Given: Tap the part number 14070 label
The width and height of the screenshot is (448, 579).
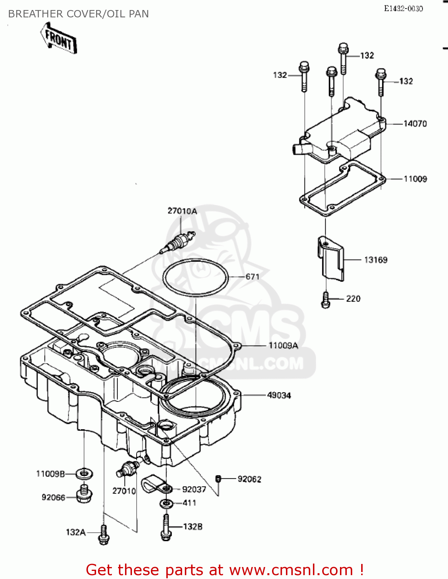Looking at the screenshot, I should (415, 124).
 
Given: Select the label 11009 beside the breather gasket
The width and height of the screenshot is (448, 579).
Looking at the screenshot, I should (415, 179).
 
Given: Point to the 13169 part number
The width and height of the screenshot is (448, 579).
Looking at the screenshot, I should (375, 260).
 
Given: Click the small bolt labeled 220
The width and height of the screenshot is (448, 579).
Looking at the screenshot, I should (326, 300).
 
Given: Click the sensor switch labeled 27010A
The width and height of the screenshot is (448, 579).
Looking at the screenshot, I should (179, 242).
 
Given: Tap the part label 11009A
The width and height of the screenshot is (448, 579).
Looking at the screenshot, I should (283, 346).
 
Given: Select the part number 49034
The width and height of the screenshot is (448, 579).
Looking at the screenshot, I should (279, 396).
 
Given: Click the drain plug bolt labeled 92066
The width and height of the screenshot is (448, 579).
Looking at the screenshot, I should (84, 495).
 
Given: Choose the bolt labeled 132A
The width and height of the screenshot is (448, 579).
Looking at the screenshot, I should (103, 535).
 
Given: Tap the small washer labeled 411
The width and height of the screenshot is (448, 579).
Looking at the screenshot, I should (166, 503).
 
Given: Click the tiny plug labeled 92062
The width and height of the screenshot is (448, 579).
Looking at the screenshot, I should (218, 479).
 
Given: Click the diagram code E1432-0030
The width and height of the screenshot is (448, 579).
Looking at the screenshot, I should (403, 8).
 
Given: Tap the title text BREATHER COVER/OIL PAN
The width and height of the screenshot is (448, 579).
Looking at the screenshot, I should (78, 14).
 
